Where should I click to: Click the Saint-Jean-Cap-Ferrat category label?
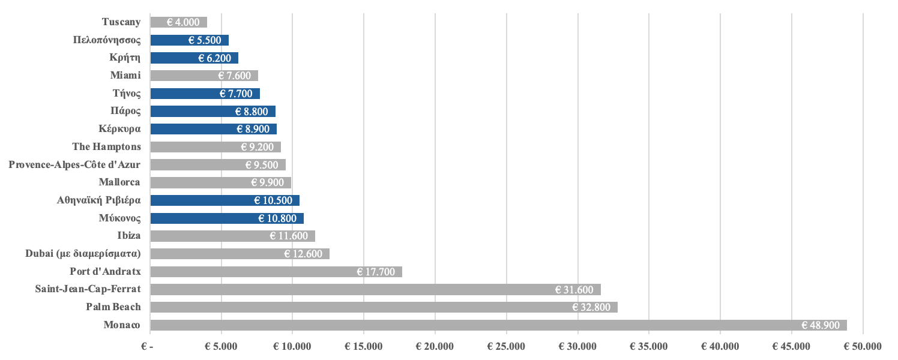pos(88,289)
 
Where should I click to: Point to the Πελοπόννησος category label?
pos(107,40)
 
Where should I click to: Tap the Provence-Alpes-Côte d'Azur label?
pos(75,164)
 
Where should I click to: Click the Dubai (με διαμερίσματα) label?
pos(83,254)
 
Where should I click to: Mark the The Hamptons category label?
pos(107,146)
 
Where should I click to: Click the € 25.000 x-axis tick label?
pos(506,347)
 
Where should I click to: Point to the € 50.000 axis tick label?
pos(863,347)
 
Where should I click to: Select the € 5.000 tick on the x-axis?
pos(221,347)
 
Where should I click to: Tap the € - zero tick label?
pos(147,347)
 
